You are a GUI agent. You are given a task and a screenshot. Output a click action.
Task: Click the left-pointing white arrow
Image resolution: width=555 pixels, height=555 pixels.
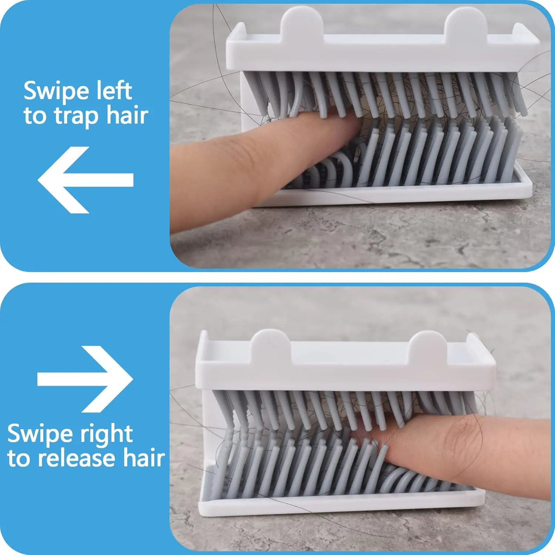85,180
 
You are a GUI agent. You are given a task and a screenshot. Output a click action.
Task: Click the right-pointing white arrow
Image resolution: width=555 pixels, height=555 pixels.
85,379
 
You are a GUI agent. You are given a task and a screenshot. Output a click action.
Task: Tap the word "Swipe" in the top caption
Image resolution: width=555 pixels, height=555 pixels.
56,92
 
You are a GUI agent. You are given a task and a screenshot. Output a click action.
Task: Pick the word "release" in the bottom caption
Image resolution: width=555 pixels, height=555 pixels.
77,459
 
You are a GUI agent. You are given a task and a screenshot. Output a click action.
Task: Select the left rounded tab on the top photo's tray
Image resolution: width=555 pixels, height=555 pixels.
302,20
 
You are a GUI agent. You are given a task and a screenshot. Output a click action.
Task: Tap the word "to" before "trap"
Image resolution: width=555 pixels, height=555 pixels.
35,116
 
